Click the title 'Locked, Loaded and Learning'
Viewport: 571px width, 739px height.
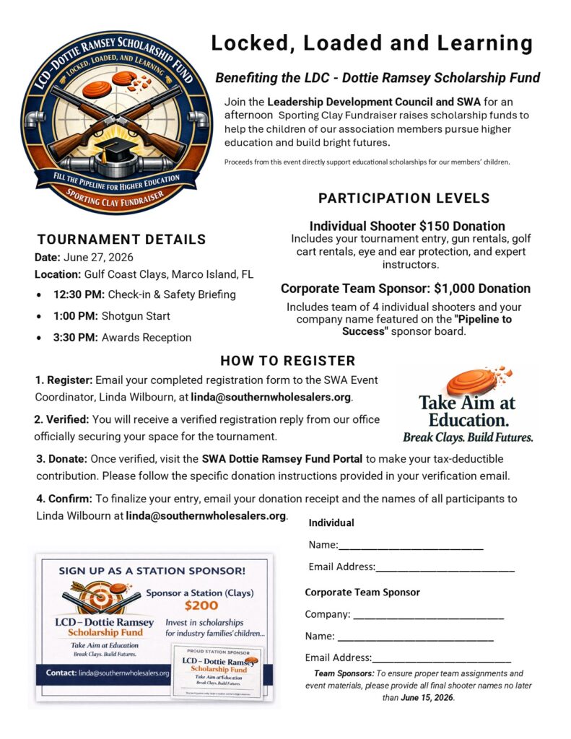372,43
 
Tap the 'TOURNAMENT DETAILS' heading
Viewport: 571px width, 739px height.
121,240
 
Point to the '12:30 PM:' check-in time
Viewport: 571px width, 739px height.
79,294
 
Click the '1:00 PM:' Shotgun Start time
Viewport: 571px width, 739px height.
76,315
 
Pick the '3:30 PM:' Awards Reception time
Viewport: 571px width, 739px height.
76,337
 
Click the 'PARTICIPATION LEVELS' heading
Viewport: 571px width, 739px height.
404,198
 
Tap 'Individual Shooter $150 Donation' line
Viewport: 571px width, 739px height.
407,226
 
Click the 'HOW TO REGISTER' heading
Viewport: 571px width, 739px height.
287,361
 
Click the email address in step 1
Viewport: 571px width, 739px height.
271,397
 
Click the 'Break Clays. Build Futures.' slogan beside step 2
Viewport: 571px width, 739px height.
468,437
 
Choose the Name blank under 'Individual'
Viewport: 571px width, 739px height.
411,546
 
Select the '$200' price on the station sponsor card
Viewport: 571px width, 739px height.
201,606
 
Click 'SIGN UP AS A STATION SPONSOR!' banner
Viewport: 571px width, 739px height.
152,570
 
